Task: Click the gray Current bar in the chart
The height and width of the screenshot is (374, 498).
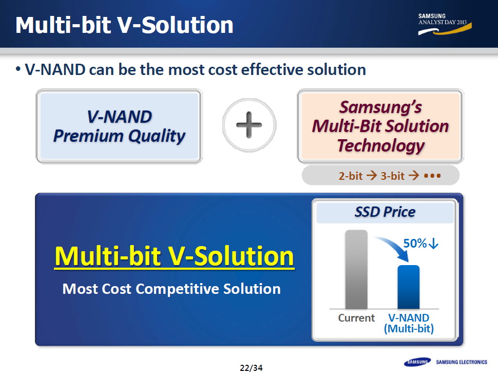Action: [356, 269]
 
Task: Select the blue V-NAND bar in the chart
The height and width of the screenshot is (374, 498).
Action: [409, 287]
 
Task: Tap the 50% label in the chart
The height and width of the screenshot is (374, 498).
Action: [415, 244]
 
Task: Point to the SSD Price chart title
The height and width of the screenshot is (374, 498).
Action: [385, 212]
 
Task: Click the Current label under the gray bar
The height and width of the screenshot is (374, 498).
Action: [356, 318]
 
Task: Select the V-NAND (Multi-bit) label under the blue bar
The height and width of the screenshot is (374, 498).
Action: [409, 323]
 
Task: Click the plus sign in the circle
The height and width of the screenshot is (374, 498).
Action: [249, 125]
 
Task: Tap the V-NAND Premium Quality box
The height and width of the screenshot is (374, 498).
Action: [119, 126]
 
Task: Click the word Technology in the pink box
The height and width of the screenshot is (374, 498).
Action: [381, 145]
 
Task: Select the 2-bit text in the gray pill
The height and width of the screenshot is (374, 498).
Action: [350, 176]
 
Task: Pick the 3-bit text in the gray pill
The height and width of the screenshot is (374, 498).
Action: [393, 176]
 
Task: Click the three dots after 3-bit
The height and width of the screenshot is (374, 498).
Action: [433, 176]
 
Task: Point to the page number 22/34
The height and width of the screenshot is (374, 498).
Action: [251, 368]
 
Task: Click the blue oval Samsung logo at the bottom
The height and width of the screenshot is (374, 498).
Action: [417, 362]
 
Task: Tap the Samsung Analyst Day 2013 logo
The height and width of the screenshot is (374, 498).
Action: [445, 24]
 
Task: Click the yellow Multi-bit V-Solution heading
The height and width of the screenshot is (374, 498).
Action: [174, 256]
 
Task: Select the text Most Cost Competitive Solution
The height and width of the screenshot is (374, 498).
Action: [171, 289]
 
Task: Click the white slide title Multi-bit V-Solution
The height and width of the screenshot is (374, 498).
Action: [124, 25]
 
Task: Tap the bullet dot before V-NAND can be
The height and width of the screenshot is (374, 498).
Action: [18, 69]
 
